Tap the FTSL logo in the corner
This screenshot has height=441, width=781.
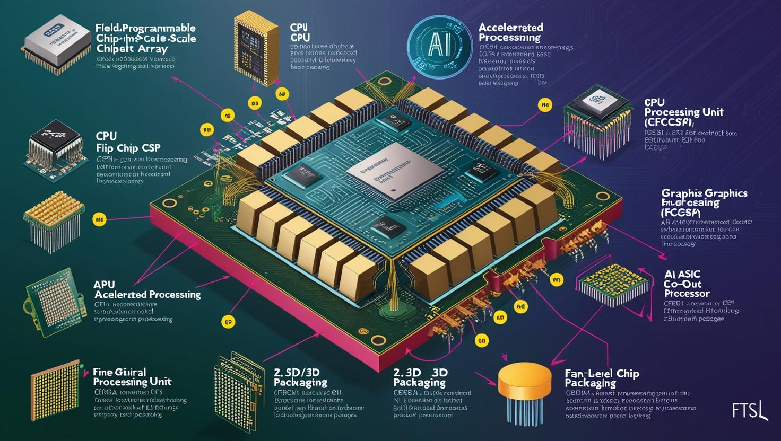[749, 410]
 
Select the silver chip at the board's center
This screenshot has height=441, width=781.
[395, 171]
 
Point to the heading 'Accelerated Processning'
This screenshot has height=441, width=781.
[511, 32]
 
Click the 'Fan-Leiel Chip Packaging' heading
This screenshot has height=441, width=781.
[602, 378]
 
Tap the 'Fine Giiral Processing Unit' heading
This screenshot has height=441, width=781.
[132, 377]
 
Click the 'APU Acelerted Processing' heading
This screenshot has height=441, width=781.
[147, 289]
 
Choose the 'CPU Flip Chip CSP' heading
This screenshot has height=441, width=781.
[128, 142]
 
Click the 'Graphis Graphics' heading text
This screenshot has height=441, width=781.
[704, 193]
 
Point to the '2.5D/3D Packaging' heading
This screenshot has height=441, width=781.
[300, 377]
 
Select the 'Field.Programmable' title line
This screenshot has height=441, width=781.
[146, 28]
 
